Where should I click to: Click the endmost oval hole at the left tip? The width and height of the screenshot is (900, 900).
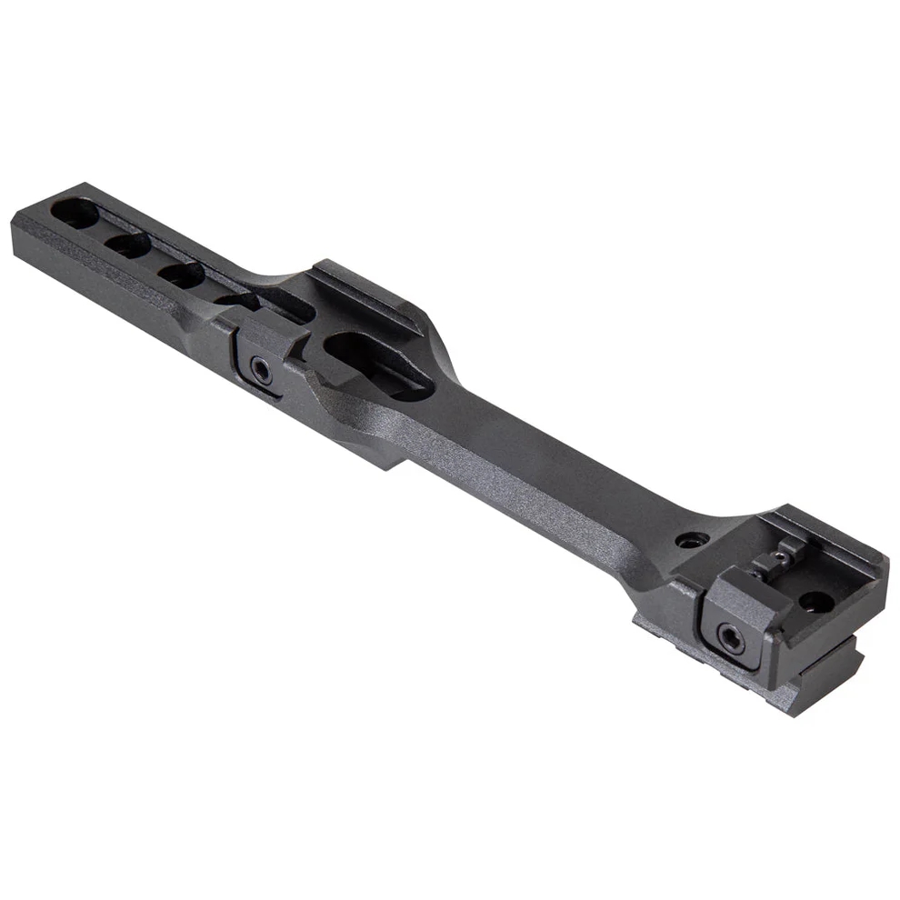(x=75, y=213)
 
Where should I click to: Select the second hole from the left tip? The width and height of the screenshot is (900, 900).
(x=128, y=244)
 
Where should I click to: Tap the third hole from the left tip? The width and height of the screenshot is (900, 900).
(x=182, y=274)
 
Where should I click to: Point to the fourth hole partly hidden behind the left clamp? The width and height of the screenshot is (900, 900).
(x=238, y=300)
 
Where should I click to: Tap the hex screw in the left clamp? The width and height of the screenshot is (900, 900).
(x=261, y=370)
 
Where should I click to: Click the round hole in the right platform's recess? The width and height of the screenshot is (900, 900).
(x=815, y=601)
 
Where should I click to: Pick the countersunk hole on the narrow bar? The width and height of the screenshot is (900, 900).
(x=692, y=540)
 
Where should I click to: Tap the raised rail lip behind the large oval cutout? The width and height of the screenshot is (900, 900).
(x=364, y=291)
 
